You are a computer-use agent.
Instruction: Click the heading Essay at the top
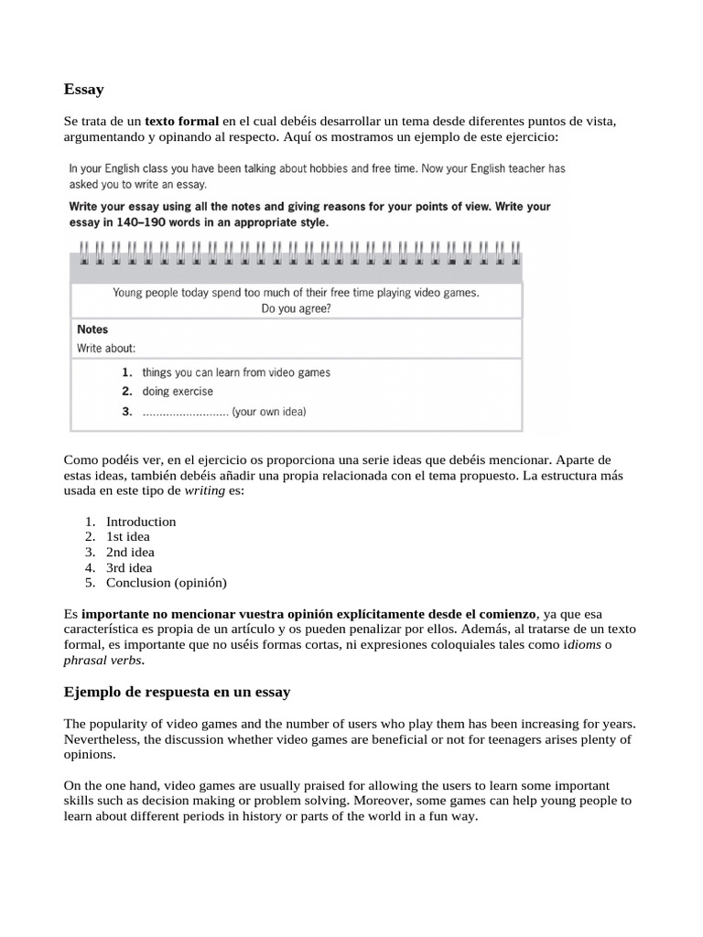point(84,90)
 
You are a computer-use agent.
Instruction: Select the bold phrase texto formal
point(182,121)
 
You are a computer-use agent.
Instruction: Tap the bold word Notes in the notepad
point(92,329)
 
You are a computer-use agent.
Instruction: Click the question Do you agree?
point(296,309)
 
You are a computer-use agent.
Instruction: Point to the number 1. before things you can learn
point(127,372)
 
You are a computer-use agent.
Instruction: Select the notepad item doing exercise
point(178,392)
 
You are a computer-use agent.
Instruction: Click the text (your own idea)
point(269,412)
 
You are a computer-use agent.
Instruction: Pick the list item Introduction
point(141,522)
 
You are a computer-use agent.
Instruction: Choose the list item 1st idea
point(128,537)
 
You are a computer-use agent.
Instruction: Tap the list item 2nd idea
point(130,552)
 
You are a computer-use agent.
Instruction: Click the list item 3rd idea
point(129,567)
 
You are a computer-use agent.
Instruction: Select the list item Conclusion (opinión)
point(166,582)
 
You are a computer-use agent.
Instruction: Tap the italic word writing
point(205,491)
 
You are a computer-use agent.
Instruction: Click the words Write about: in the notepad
point(106,349)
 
